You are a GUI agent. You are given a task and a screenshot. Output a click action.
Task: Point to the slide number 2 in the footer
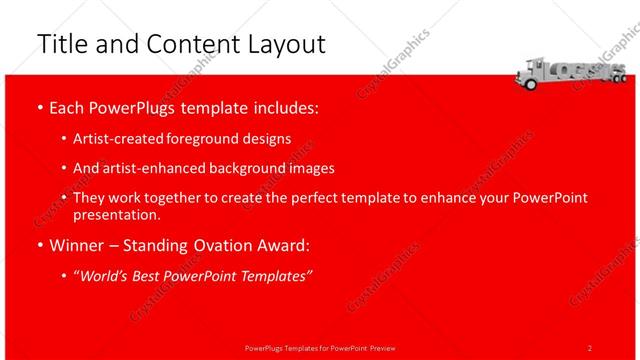click(590, 347)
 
